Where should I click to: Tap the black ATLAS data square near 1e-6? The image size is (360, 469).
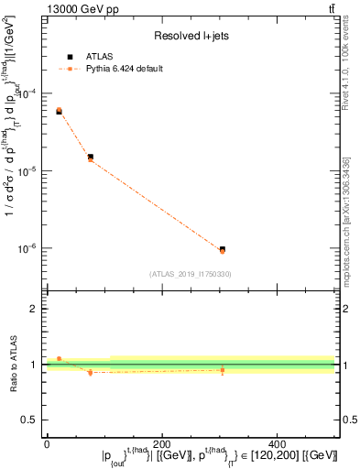[x=222, y=249]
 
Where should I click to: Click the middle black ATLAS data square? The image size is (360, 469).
[x=90, y=157]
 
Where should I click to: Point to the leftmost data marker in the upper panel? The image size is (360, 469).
[x=59, y=111]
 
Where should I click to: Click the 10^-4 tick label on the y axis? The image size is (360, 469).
[x=31, y=93]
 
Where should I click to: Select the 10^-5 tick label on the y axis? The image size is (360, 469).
[x=31, y=170]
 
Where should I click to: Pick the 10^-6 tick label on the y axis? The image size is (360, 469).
[x=31, y=248]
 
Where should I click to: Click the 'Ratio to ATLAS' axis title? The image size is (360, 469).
[x=11, y=365]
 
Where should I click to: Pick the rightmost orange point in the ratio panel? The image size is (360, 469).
[x=222, y=370]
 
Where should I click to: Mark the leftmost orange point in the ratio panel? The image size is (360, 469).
[x=59, y=359]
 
